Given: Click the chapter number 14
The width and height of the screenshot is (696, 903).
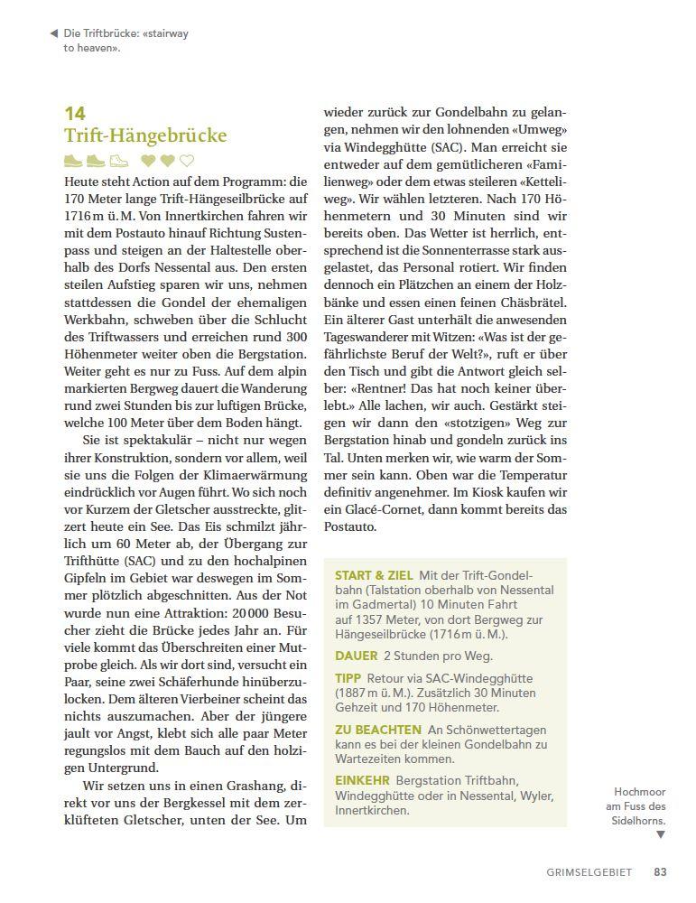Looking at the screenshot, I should pos(75,114).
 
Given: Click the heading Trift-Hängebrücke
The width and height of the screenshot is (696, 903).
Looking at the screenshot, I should pos(145,136).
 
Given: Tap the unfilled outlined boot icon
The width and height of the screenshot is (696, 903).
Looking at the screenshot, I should pos(119,162).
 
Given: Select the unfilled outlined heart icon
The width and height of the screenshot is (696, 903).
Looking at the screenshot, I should pos(187,162).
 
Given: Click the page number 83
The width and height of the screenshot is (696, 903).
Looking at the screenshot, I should pos(661,872).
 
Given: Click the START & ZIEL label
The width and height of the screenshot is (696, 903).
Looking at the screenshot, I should pos(374,575).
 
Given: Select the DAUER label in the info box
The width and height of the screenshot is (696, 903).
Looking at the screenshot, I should pos(357,656).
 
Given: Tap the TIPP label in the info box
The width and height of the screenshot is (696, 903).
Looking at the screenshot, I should pos(348,678).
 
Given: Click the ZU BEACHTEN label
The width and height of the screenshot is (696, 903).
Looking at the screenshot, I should pos(378,730).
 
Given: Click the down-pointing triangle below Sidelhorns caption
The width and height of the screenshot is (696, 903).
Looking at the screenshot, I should pos(660,835).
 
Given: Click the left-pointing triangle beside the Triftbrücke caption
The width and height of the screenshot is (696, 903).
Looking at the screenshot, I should pos(54,33).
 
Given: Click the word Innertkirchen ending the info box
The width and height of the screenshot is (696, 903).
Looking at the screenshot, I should pos(371,810).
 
